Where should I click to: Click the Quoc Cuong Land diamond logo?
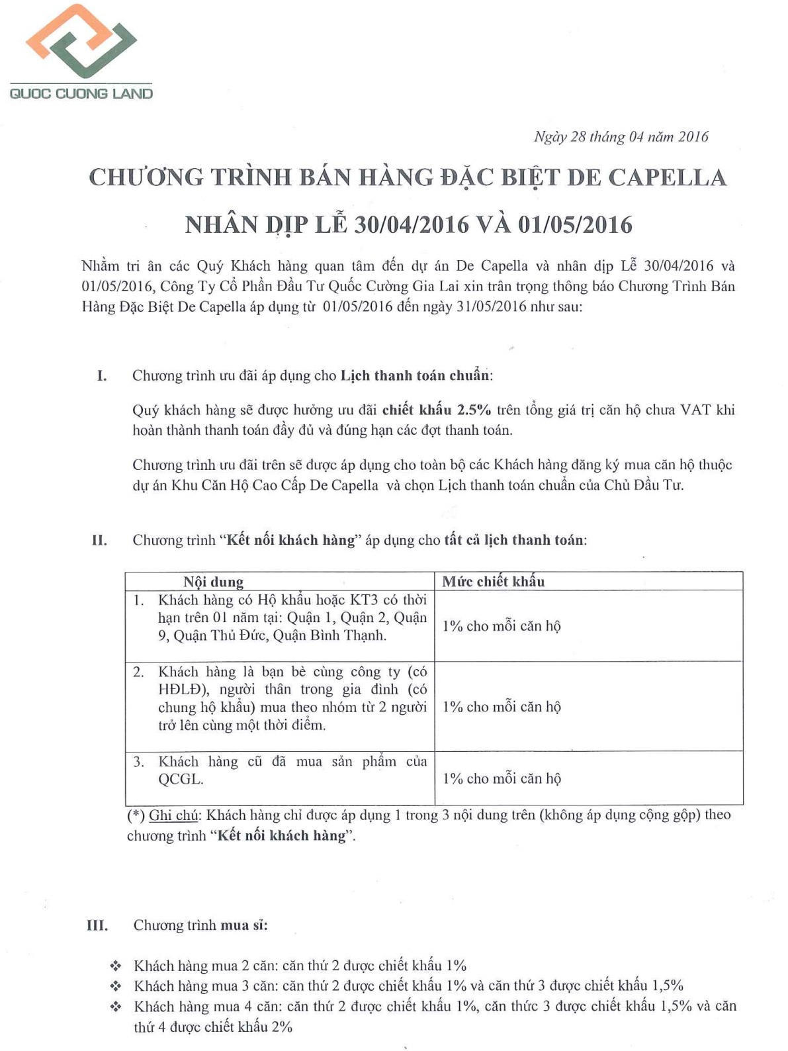pyautogui.click(x=81, y=41)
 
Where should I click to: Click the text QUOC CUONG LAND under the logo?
pyautogui.click(x=81, y=93)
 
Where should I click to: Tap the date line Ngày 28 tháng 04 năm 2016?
pyautogui.click(x=621, y=137)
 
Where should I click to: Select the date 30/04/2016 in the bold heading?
pyautogui.click(x=412, y=225)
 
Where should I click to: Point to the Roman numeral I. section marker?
pyautogui.click(x=101, y=376)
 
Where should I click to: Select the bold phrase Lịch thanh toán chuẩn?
pyautogui.click(x=415, y=376)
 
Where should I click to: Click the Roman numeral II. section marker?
pyautogui.click(x=99, y=541)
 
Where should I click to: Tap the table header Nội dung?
pyautogui.click(x=213, y=582)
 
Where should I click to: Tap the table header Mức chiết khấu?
pyautogui.click(x=493, y=582)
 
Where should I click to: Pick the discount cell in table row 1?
pyautogui.click(x=502, y=626)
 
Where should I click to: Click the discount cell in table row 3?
pyautogui.click(x=502, y=779)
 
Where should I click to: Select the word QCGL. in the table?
pyautogui.click(x=180, y=780)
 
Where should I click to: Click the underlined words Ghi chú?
pyautogui.click(x=173, y=815)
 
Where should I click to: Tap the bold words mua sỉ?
pyautogui.click(x=243, y=925)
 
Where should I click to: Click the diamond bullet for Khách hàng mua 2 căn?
pyautogui.click(x=115, y=966)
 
